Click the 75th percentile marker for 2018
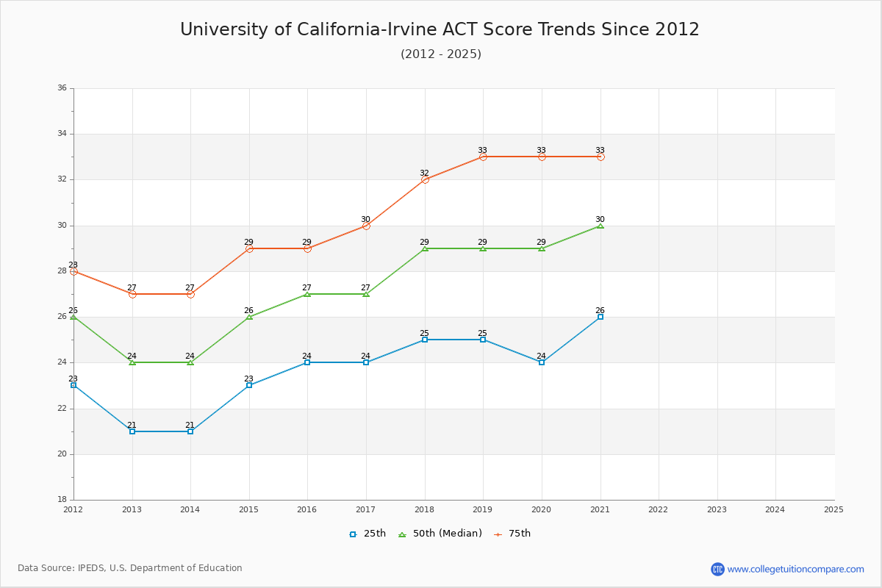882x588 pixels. click(425, 179)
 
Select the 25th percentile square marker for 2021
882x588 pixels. click(600, 317)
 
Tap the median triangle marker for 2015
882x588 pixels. click(249, 317)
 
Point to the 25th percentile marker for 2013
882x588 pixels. click(132, 431)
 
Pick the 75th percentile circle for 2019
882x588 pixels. click(483, 157)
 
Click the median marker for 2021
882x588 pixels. click(600, 226)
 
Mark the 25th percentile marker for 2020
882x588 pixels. click(542, 362)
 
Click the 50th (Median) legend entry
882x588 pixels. click(440, 534)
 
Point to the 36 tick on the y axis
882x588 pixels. click(62, 88)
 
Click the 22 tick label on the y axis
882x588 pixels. click(62, 409)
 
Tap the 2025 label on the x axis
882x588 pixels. click(833, 509)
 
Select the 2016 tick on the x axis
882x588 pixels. click(307, 509)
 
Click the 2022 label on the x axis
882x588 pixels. click(659, 509)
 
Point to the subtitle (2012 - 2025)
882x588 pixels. click(441, 54)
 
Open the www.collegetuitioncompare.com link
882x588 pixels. click(795, 569)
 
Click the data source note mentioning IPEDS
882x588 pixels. click(130, 568)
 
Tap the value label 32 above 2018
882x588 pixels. click(425, 173)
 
